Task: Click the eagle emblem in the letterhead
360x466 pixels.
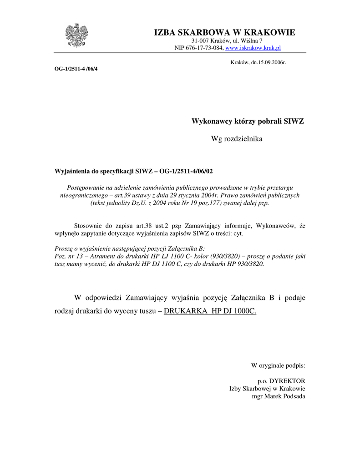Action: tap(76, 36)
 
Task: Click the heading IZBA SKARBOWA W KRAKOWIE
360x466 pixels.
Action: tap(224, 32)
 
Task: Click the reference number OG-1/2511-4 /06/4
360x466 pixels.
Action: tap(76, 69)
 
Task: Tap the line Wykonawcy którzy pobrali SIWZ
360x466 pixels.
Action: tap(248, 122)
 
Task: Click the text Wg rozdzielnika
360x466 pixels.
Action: tap(237, 138)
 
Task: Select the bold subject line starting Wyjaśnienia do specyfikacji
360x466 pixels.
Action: tap(133, 171)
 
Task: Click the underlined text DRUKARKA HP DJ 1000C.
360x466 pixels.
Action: tap(210, 311)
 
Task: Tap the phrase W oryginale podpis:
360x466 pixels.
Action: tap(278, 365)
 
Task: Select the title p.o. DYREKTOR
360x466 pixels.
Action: tap(281, 380)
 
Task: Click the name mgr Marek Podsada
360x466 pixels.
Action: tap(279, 396)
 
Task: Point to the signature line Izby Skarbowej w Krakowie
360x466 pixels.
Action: tap(267, 388)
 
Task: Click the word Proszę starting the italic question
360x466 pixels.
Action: tap(64, 248)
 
